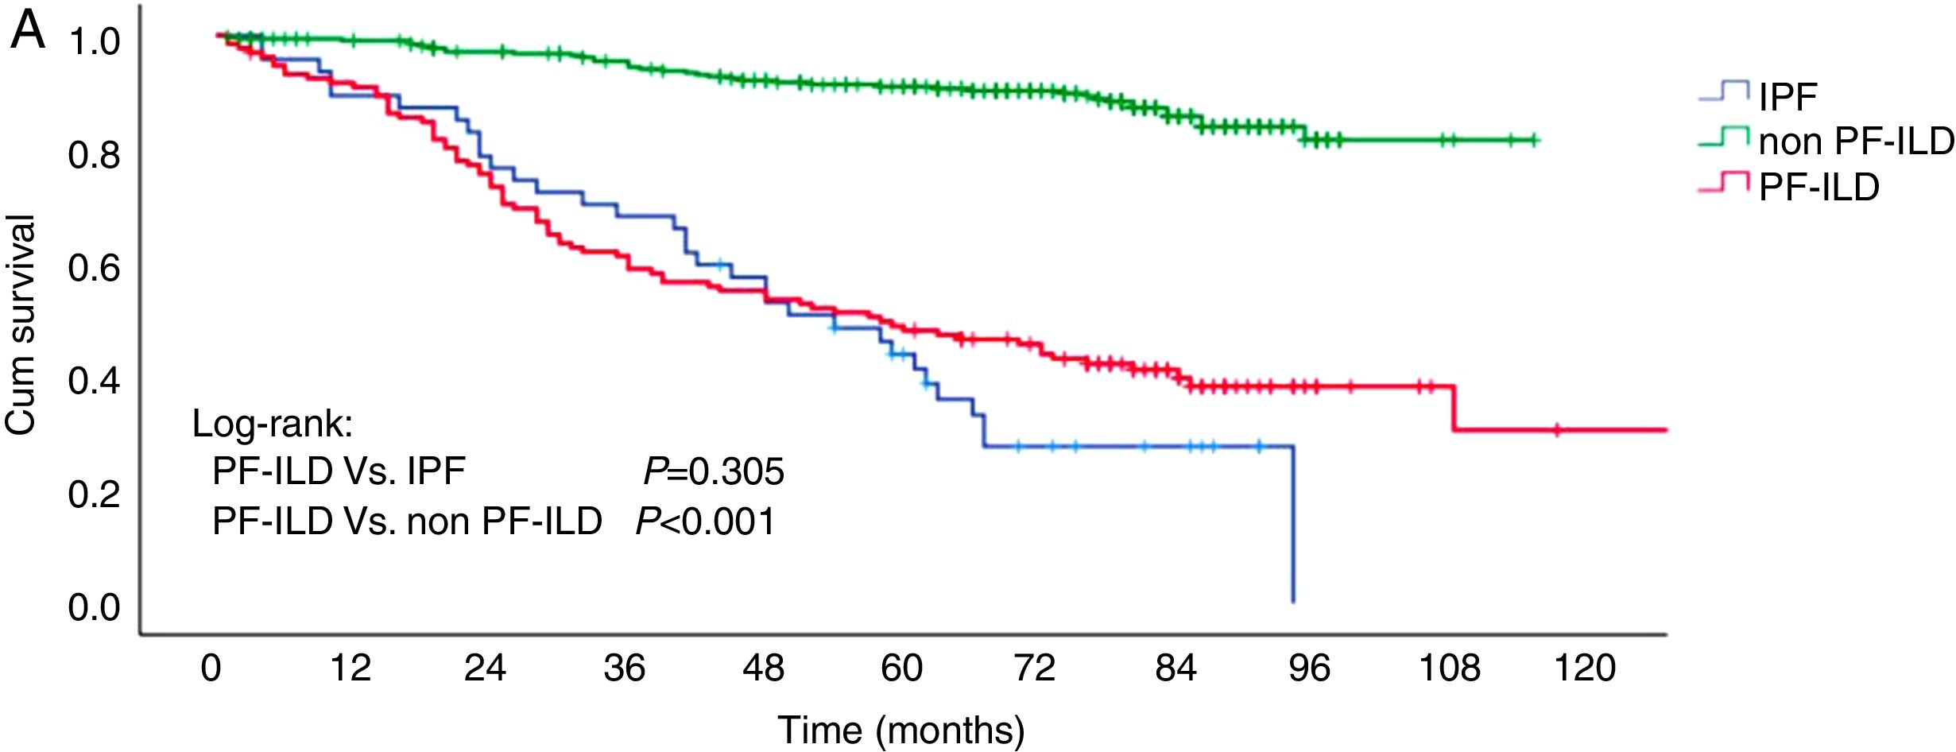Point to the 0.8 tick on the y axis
[95, 155]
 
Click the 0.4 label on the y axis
[95, 381]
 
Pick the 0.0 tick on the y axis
[95, 607]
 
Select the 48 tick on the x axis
[763, 668]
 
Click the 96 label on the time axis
[1309, 668]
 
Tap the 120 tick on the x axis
[1585, 668]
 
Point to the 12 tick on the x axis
[351, 668]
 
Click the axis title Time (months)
[901, 730]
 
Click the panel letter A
[28, 32]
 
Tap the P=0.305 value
[714, 471]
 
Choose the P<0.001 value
[706, 521]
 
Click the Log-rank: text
[273, 424]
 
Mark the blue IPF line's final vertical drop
[1293, 525]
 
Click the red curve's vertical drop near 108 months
[1454, 409]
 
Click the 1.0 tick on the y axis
[95, 42]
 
